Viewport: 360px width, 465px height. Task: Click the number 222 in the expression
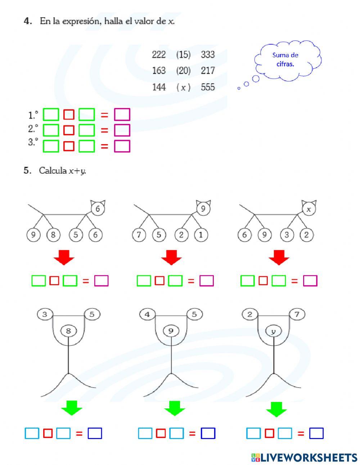[159, 54]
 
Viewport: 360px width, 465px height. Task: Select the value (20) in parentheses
[183, 71]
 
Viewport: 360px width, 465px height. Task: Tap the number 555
[208, 87]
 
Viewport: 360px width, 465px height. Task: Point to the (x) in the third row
[183, 87]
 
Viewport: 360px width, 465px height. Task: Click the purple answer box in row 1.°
[122, 115]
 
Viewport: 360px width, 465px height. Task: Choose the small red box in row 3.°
[69, 146]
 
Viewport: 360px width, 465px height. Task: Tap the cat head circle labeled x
[309, 209]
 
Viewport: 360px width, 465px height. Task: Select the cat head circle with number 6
[98, 209]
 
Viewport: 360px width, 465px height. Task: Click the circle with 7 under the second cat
[139, 235]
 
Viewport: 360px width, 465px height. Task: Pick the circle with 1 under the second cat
[201, 235]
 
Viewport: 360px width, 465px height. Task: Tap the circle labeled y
[273, 331]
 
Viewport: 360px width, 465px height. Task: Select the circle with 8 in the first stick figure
[68, 330]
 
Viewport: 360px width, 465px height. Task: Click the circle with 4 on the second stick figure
[147, 314]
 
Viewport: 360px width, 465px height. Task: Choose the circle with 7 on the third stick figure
[297, 314]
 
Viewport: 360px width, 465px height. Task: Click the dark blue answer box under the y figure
[316, 433]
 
